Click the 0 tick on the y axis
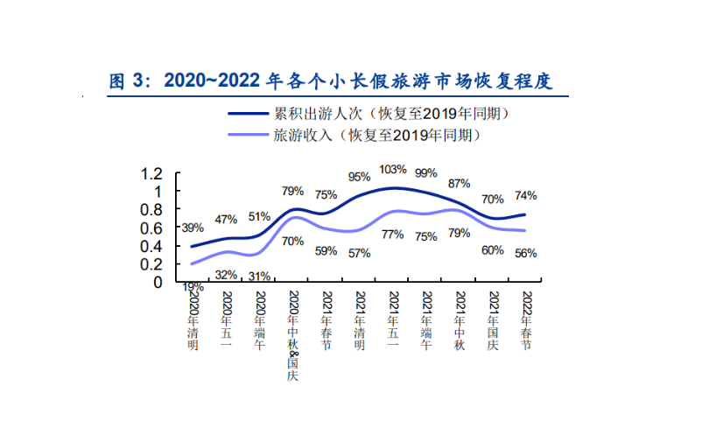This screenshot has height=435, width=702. [158, 282]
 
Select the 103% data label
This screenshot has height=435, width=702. [393, 169]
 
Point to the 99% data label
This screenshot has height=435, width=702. [426, 172]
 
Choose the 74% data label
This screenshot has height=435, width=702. [526, 195]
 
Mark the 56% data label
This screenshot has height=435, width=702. [525, 253]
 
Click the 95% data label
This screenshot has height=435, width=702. [359, 176]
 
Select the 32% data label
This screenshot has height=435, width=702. [226, 275]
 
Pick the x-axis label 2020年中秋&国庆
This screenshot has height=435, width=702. [293, 336]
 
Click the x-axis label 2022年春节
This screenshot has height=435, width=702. [527, 320]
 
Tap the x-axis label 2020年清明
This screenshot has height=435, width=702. [193, 320]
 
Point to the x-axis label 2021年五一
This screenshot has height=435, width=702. [393, 320]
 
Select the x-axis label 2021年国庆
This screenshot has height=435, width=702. [493, 320]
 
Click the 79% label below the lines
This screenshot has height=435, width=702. [459, 233]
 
